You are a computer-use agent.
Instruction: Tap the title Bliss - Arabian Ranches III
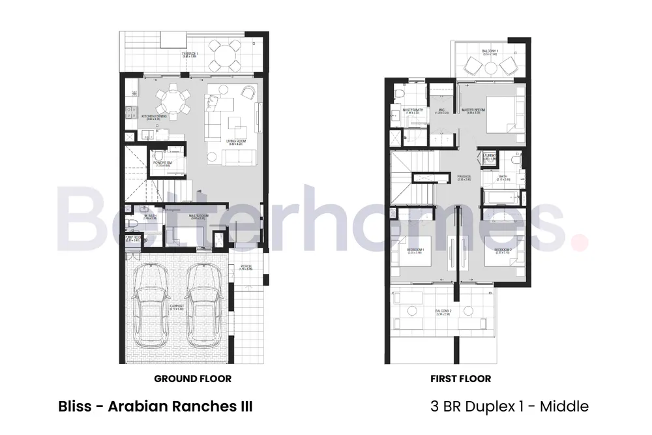(x=155, y=406)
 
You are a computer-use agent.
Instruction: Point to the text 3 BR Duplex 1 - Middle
(x=510, y=406)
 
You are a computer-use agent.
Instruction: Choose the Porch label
(x=246, y=266)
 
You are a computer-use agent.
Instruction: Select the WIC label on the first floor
(x=441, y=110)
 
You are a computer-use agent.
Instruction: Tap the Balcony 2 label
(x=445, y=312)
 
